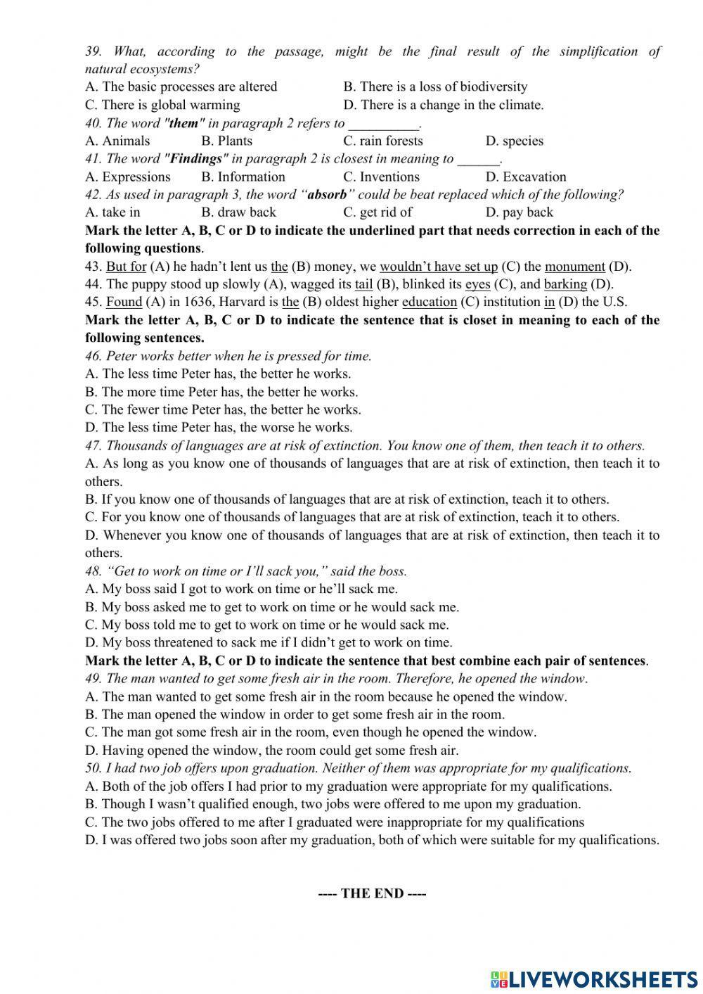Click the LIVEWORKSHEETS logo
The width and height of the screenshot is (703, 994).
pyautogui.click(x=594, y=979)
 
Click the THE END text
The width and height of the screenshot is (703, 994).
pyautogui.click(x=372, y=893)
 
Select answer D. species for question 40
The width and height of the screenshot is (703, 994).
pyautogui.click(x=514, y=141)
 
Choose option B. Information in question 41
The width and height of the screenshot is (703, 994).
pyautogui.click(x=243, y=177)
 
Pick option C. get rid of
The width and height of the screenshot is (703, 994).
pyautogui.click(x=378, y=212)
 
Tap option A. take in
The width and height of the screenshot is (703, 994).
pyautogui.click(x=112, y=212)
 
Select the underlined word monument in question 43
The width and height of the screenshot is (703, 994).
pyautogui.click(x=574, y=267)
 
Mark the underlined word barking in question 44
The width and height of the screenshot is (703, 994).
pyautogui.click(x=565, y=284)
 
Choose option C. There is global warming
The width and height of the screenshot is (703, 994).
pyautogui.click(x=162, y=105)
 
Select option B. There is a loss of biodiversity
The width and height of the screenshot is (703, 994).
pyautogui.click(x=435, y=87)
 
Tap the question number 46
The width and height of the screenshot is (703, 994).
pyautogui.click(x=93, y=356)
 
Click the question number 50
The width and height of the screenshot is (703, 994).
pyautogui.click(x=93, y=768)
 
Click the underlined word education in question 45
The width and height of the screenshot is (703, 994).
pyautogui.click(x=429, y=302)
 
